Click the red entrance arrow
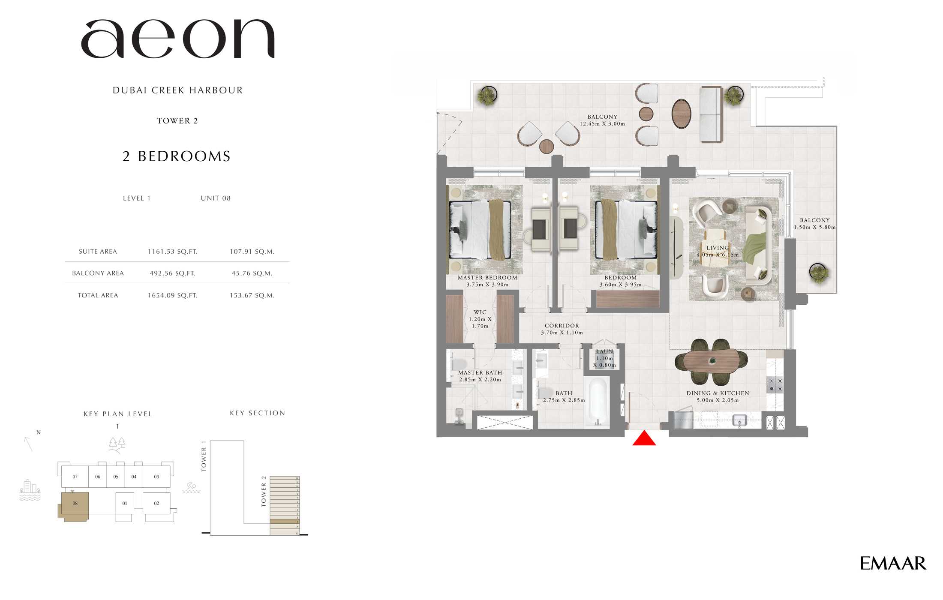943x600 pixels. pyautogui.click(x=644, y=438)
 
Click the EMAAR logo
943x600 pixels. pyautogui.click(x=892, y=563)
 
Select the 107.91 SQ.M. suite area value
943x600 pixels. pyautogui.click(x=252, y=252)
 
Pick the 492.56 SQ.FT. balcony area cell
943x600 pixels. pyautogui.click(x=172, y=273)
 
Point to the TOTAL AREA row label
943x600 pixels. pyautogui.click(x=98, y=295)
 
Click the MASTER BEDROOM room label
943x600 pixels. pyautogui.click(x=487, y=278)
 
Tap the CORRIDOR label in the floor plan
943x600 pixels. pyautogui.click(x=562, y=326)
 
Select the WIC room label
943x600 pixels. pyautogui.click(x=480, y=312)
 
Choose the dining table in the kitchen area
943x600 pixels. pyautogui.click(x=711, y=362)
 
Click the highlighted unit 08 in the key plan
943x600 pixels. pyautogui.click(x=75, y=504)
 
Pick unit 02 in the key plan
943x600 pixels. pyautogui.click(x=156, y=503)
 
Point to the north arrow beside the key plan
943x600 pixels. pyautogui.click(x=29, y=443)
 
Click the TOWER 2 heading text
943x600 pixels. pyautogui.click(x=177, y=121)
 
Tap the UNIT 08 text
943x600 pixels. pyautogui.click(x=216, y=198)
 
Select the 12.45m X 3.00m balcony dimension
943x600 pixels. pyautogui.click(x=602, y=124)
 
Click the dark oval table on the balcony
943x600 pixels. pyautogui.click(x=681, y=114)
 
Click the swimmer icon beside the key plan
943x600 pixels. pyautogui.click(x=191, y=488)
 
